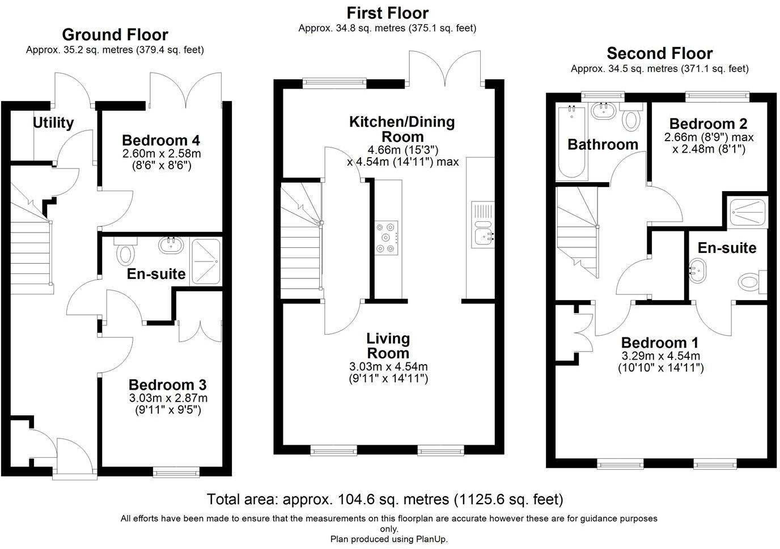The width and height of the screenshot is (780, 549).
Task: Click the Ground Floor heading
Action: click(x=115, y=35)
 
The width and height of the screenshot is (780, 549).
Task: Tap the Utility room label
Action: click(x=53, y=123)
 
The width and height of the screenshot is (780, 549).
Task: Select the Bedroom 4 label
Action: click(x=161, y=140)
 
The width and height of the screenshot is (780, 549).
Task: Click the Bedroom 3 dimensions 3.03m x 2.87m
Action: click(x=168, y=398)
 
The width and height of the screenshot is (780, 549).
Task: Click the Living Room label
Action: click(x=388, y=345)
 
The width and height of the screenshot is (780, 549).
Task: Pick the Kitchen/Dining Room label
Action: click(x=402, y=129)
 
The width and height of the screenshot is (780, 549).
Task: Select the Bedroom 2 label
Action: click(x=708, y=124)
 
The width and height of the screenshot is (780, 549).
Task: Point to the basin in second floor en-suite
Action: click(x=698, y=271)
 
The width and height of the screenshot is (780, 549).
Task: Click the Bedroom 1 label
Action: click(x=660, y=343)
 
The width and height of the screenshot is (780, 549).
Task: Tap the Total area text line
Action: click(x=385, y=500)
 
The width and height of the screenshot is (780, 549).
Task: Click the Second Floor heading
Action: click(x=659, y=53)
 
